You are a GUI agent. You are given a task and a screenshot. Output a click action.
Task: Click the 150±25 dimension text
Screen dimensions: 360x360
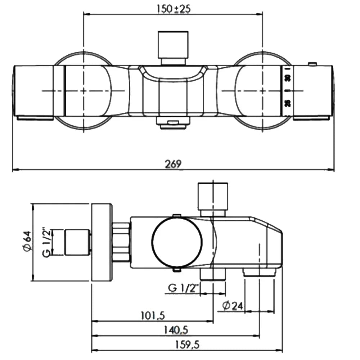(x=174, y=9)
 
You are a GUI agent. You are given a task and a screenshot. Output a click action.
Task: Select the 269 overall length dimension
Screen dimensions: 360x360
(x=174, y=164)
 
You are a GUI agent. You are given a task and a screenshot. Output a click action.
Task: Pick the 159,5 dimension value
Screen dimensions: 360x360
(x=187, y=345)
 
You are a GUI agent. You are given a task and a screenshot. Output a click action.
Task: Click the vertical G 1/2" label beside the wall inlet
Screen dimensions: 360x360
(x=46, y=242)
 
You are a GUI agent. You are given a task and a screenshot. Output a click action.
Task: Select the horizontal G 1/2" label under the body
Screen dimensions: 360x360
(x=184, y=288)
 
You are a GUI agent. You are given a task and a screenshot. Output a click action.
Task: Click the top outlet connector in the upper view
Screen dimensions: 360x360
(x=173, y=47)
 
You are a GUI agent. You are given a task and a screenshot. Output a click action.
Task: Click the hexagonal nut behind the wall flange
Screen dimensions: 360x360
(x=121, y=242)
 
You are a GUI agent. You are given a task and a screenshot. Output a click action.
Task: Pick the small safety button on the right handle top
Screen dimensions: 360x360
(x=312, y=64)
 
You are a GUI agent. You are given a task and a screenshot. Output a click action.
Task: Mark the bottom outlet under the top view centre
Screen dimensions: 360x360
(x=173, y=123)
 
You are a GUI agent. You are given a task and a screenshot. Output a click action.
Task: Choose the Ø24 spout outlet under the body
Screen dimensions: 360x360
(x=260, y=273)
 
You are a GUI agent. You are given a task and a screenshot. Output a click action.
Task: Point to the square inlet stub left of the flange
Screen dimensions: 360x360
(x=77, y=242)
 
